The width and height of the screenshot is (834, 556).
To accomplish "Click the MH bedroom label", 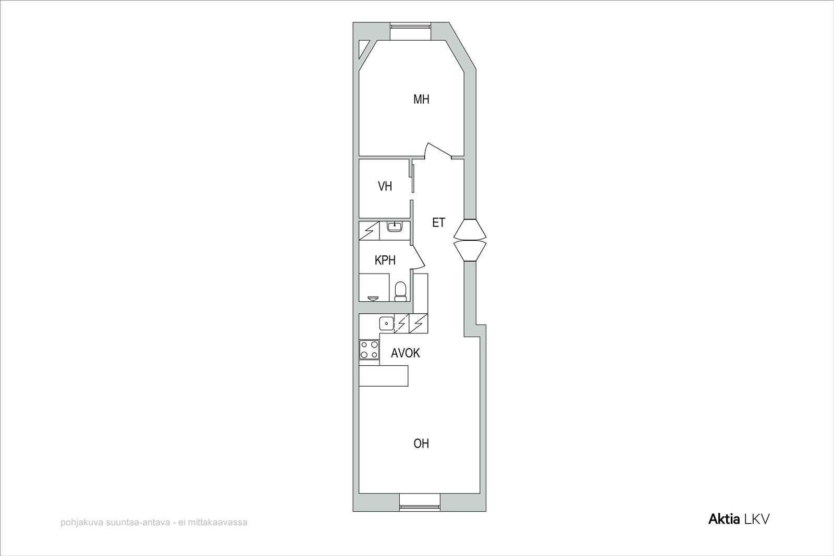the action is click(x=422, y=100).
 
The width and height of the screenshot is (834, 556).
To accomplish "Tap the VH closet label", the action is click(x=385, y=186).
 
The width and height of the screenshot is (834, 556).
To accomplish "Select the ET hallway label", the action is click(x=438, y=223).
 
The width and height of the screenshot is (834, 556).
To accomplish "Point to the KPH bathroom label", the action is click(x=385, y=261).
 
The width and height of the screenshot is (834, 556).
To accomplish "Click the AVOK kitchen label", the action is click(x=406, y=353).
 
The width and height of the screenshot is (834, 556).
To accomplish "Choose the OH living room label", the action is click(x=422, y=443).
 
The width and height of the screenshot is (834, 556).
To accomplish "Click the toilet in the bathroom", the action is click(x=400, y=292).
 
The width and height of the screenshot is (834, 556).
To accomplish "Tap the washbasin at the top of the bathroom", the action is click(x=394, y=226).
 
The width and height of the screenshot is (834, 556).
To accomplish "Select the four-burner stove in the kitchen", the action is click(x=369, y=350).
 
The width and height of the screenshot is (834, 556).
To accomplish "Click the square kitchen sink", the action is click(x=387, y=324).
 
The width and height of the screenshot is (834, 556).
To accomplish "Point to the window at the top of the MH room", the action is click(x=410, y=26).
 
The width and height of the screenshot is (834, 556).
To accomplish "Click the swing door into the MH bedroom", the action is click(x=438, y=150).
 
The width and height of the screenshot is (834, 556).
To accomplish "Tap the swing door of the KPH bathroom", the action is click(x=418, y=257).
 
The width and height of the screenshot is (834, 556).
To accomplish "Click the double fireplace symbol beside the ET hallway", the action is click(x=470, y=240).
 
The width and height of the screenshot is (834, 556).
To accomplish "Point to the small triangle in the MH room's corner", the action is click(x=364, y=50).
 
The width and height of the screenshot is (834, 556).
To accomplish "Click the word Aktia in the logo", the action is click(x=724, y=519).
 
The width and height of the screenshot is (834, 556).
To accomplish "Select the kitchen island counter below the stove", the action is click(x=384, y=376).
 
